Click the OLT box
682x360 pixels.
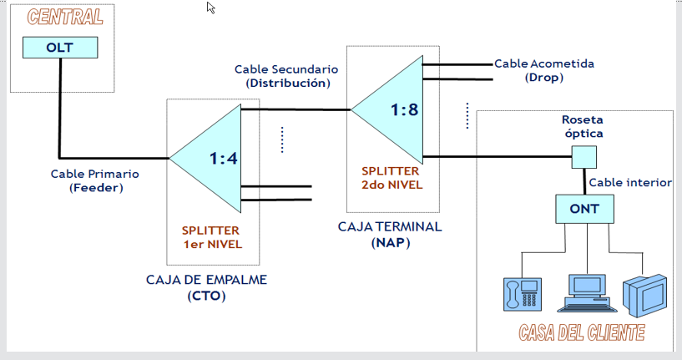coord(60,48)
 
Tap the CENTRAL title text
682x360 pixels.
coord(65,17)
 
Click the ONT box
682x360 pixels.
coord(584,209)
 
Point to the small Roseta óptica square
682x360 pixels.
coord(583,157)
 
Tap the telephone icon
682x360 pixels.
coord(523,294)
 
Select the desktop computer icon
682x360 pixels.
coord(587,293)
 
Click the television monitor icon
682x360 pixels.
coord(644,295)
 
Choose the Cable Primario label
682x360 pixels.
coord(95,174)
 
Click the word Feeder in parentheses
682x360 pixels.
coord(96,188)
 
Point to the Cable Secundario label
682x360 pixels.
coord(286,69)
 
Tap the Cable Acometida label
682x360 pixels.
coord(544,63)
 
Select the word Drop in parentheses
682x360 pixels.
coord(544,78)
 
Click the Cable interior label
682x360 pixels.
coord(630,182)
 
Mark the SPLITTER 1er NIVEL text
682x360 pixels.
coord(211,237)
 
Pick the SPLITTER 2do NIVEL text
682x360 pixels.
coord(392,178)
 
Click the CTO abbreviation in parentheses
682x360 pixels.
coord(206,296)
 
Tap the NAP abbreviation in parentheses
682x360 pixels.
coord(391,242)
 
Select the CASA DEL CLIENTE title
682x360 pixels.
coord(582,333)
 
